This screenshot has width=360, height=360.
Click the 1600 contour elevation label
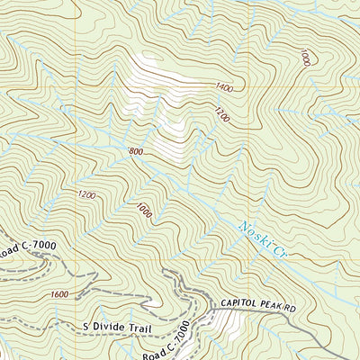coord(59,294)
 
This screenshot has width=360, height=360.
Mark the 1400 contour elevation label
coord(223,87)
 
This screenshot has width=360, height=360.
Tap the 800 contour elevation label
coord(136,152)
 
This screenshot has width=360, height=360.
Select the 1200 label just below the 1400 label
coord(221,114)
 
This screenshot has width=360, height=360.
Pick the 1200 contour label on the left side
coord(86,194)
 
